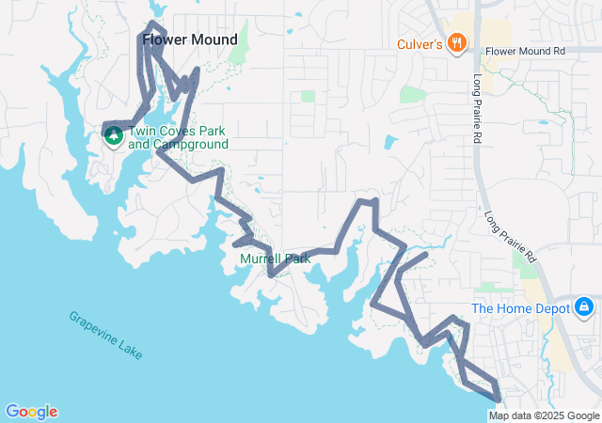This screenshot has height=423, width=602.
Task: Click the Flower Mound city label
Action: point(189,39)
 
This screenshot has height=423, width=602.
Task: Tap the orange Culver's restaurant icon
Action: point(456,41)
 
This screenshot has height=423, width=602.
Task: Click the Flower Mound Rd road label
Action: point(527,51)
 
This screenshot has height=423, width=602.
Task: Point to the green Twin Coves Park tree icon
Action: point(114,135)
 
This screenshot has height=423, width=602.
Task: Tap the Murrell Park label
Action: point(275,258)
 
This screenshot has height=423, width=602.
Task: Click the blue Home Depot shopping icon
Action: point(584,307)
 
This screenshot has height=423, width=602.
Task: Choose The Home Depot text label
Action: point(521,308)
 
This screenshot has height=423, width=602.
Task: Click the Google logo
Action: point(31,412)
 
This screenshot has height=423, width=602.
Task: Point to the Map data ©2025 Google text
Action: point(544,415)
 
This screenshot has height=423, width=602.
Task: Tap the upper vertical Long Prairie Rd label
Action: point(477,109)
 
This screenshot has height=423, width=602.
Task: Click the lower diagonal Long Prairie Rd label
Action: point(509,236)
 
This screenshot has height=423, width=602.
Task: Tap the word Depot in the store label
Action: point(553,308)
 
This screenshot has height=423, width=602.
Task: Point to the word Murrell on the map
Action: point(261,258)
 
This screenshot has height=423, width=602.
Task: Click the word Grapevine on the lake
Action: point(92,327)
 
